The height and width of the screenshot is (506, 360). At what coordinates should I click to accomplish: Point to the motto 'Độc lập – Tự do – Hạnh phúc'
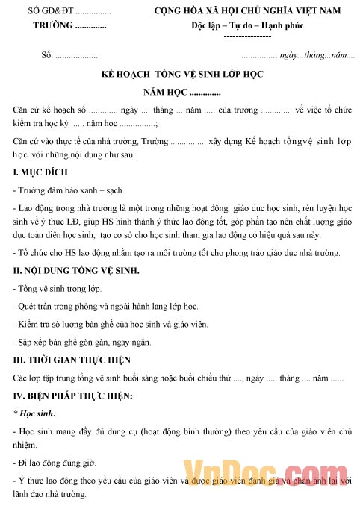[247, 25]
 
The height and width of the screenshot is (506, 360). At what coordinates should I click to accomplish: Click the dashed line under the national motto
[247, 37]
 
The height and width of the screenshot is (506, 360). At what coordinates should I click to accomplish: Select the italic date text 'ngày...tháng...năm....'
[317, 57]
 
